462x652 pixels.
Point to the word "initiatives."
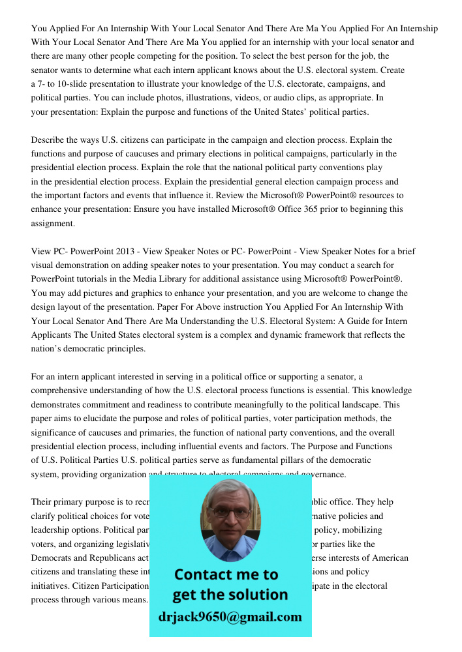(51, 585)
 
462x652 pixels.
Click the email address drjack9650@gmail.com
(230, 617)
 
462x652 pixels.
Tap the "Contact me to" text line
(226, 574)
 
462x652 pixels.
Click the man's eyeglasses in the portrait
(230, 512)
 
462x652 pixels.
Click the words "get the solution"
(230, 595)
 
